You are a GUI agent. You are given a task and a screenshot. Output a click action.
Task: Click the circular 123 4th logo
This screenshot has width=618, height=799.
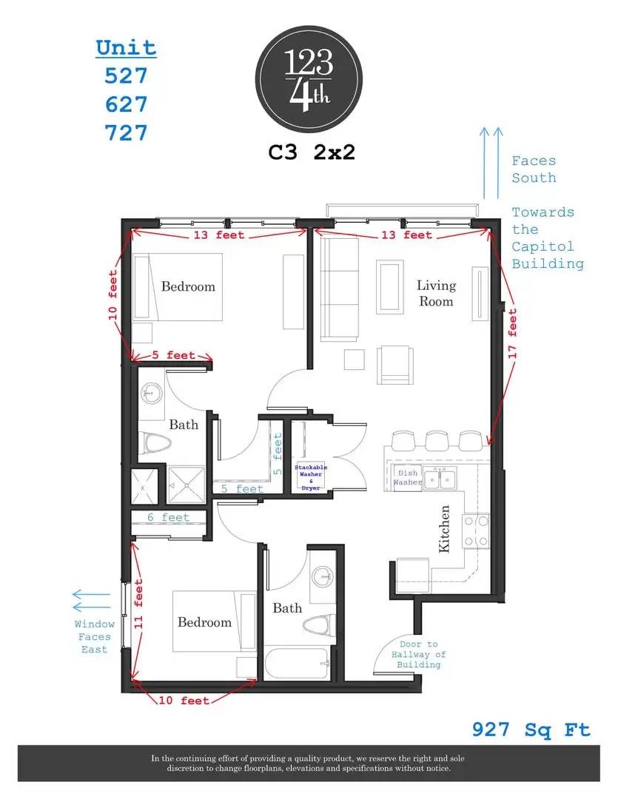click(x=309, y=79)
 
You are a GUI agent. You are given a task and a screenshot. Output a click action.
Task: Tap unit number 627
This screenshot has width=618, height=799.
click(x=126, y=104)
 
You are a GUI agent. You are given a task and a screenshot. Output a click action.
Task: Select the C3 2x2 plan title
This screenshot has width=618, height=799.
click(x=312, y=152)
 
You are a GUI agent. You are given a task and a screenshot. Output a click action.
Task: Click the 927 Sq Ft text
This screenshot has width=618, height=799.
click(x=531, y=729)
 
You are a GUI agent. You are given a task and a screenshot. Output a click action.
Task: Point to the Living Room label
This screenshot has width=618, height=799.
click(x=436, y=293)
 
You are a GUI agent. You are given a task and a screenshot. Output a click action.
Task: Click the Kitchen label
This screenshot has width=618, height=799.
click(x=444, y=529)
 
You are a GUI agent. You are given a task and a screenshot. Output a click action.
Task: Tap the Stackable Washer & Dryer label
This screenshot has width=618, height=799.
click(x=311, y=477)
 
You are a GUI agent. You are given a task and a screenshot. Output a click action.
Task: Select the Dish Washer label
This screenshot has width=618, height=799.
click(x=407, y=477)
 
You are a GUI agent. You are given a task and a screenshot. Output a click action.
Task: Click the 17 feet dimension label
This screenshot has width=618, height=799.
click(x=512, y=333)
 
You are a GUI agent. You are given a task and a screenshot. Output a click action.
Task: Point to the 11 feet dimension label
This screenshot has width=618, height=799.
click(x=138, y=604)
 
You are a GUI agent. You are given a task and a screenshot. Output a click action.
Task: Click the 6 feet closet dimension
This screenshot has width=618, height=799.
click(x=168, y=517)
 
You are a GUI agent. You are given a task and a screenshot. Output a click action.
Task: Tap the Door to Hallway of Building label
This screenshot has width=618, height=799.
click(x=419, y=654)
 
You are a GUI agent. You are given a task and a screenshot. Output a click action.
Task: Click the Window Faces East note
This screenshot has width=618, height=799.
click(x=94, y=636)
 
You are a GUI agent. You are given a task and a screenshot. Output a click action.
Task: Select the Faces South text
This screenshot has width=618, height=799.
click(x=534, y=169)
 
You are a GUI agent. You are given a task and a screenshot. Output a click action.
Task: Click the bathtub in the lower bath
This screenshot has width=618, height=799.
click(x=296, y=663)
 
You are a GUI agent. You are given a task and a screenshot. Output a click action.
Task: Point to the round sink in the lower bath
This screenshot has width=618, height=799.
click(x=323, y=577)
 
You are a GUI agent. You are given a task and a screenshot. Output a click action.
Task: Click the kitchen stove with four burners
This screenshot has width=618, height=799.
click(x=476, y=530)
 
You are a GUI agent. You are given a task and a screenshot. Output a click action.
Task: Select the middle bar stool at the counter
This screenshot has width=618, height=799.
click(x=437, y=441)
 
